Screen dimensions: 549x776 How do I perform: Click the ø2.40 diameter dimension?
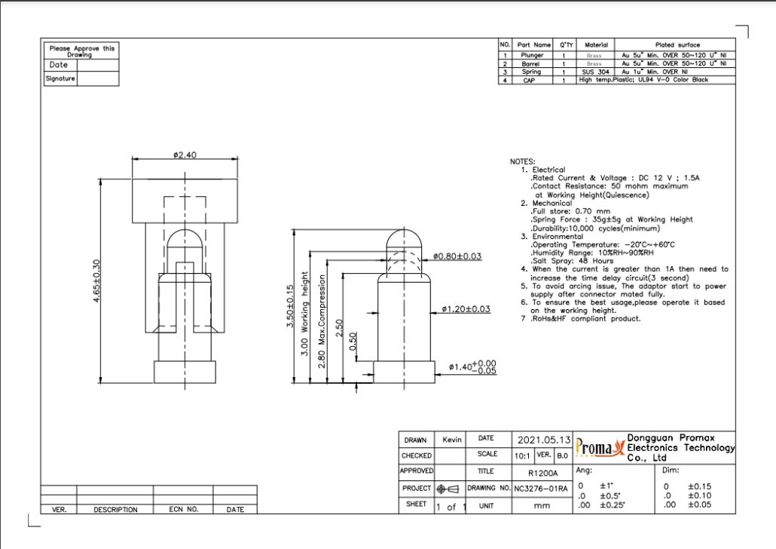coord(184,155)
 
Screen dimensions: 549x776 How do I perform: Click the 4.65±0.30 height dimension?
coord(96,281)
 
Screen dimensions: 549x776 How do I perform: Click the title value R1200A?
coord(542,472)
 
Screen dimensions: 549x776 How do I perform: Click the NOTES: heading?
coord(523,161)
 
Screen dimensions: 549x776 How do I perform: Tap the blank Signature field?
coord(97,78)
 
